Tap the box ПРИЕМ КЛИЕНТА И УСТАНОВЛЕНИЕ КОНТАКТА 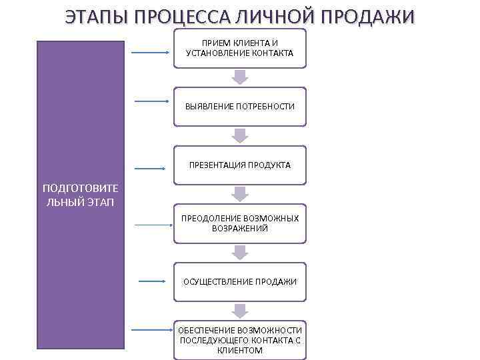point(240,48)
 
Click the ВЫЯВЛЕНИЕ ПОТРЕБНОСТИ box point(240,107)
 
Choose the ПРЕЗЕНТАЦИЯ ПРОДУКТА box point(240,165)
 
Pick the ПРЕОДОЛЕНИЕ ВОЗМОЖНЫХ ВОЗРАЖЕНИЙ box point(240,223)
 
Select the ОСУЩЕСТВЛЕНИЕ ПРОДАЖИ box point(240,281)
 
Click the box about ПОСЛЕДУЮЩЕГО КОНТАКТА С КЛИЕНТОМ point(240,340)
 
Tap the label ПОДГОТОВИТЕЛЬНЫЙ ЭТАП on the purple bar point(80,195)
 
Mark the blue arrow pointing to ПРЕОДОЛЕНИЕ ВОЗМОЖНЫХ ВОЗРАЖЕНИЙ point(153,225)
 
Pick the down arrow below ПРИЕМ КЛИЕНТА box point(240,77)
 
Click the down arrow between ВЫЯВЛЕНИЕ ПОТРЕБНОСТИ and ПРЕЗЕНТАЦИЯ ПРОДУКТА point(240,135)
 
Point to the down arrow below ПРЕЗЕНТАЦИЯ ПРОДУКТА point(240,193)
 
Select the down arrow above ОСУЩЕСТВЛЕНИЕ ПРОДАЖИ point(240,252)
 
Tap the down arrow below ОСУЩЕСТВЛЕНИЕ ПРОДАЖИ point(240,310)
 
